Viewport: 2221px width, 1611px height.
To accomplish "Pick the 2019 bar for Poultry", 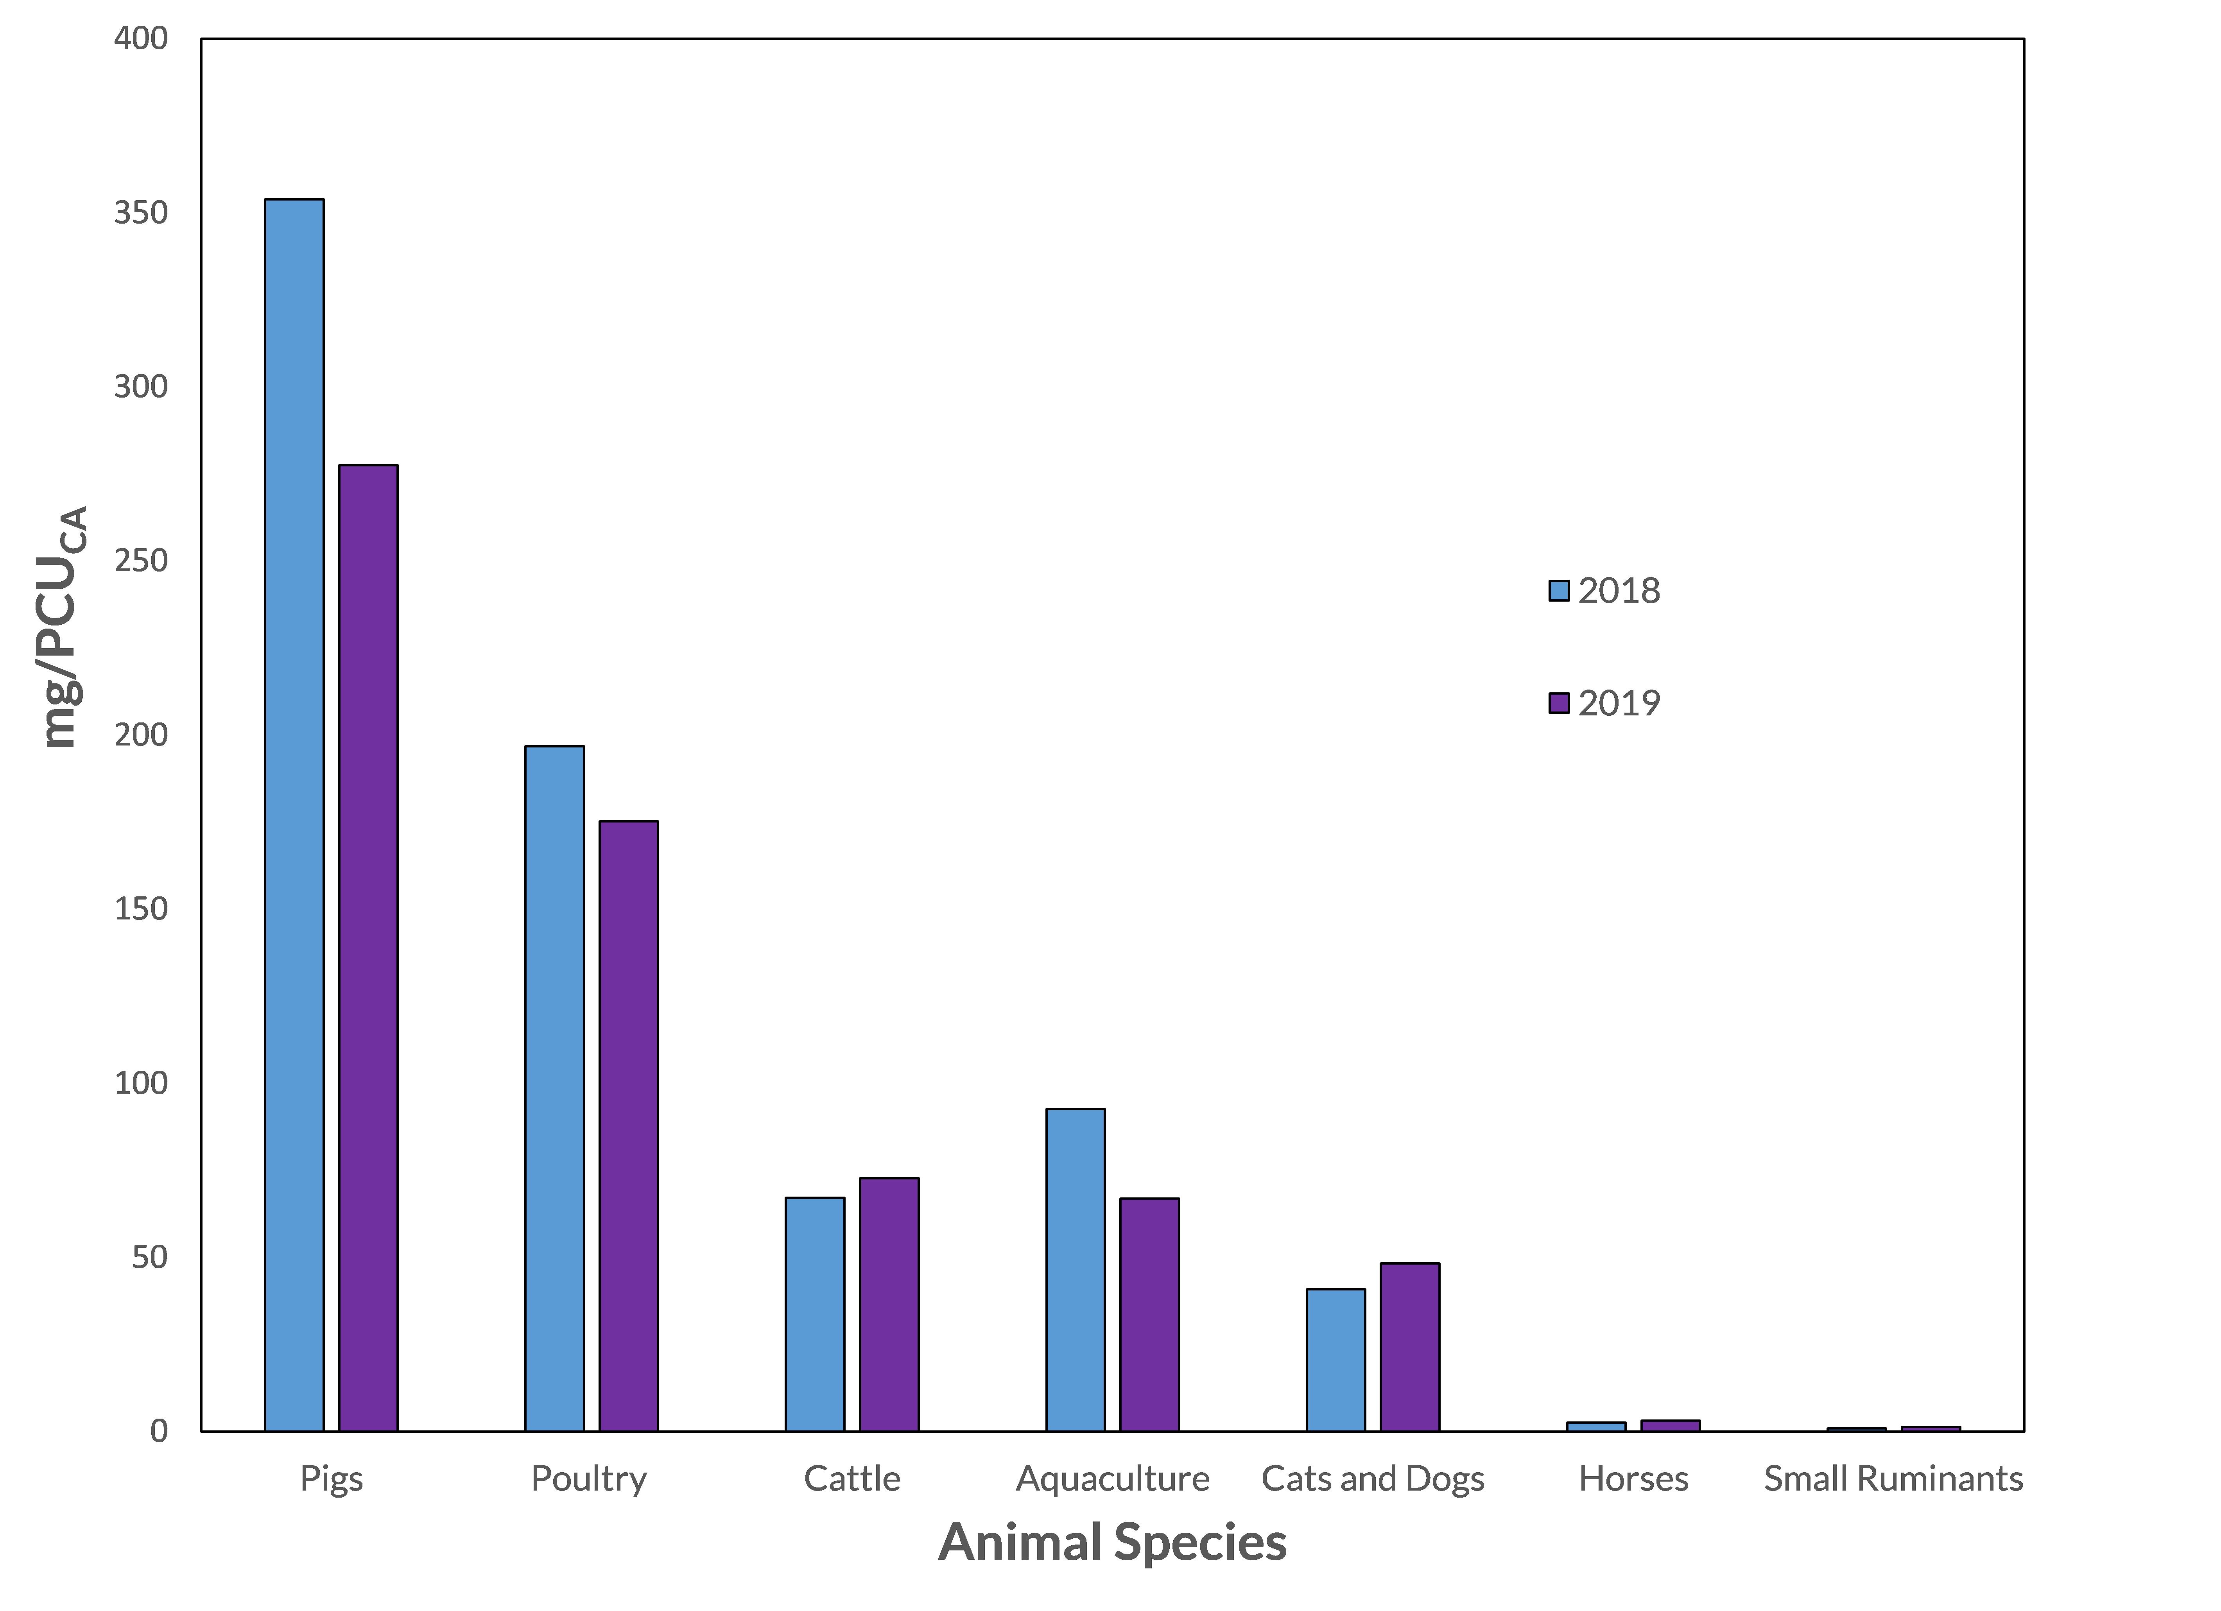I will pyautogui.click(x=629, y=1126).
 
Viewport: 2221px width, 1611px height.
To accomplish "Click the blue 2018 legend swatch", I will pyautogui.click(x=1559, y=591).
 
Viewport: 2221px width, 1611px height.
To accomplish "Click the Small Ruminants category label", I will pyautogui.click(x=1893, y=1479).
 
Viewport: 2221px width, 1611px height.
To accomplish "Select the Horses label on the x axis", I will pyautogui.click(x=1633, y=1479).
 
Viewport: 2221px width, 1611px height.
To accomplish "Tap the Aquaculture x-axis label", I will pyautogui.click(x=1113, y=1479).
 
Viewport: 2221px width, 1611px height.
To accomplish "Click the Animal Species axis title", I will pyautogui.click(x=1113, y=1543).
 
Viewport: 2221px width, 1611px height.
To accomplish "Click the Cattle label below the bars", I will pyautogui.click(x=852, y=1479).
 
